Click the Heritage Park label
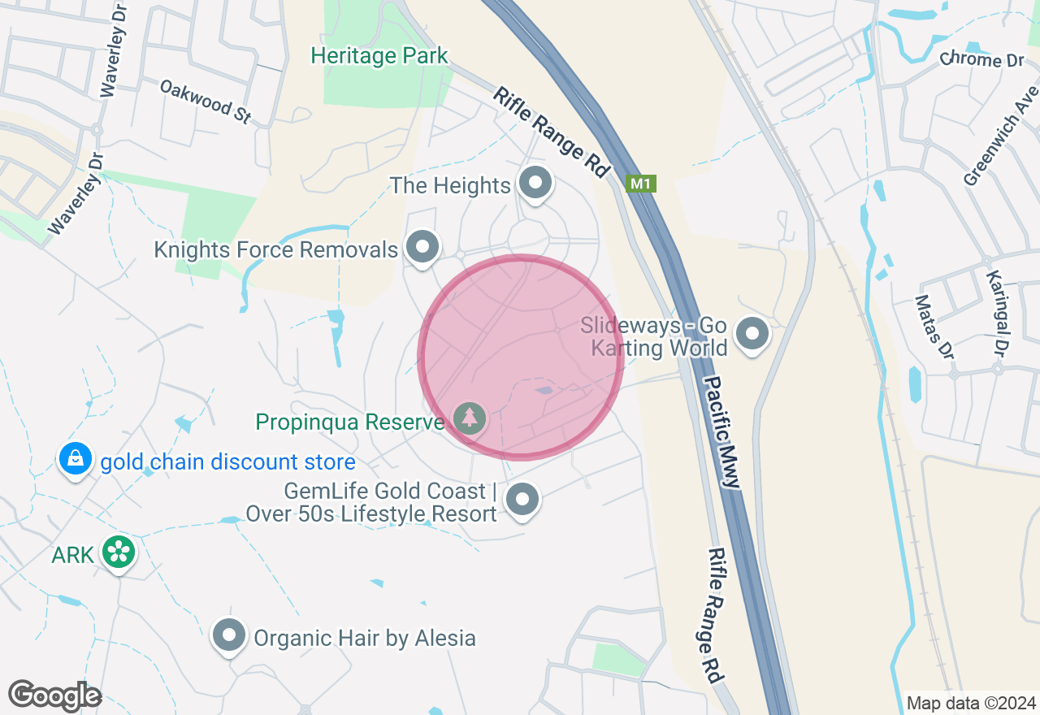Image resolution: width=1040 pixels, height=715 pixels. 379,56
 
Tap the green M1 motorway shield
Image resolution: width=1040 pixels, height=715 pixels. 640,184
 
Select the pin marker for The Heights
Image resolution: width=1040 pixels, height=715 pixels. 535,182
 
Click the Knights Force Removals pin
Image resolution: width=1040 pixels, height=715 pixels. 422,246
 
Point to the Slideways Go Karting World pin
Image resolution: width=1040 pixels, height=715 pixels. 752,333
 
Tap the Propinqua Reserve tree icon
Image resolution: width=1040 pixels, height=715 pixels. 469,418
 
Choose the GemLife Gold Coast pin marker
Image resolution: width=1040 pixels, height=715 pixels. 522,499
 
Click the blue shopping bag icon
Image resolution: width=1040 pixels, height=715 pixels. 76,459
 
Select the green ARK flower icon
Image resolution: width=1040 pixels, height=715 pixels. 119,552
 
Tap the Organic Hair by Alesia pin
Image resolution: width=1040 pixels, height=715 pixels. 228,635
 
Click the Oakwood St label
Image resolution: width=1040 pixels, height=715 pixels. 206,101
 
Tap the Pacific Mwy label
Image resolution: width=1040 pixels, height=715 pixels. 721,431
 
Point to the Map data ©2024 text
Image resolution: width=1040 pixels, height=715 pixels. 971,703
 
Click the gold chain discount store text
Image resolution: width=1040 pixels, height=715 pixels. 227,462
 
